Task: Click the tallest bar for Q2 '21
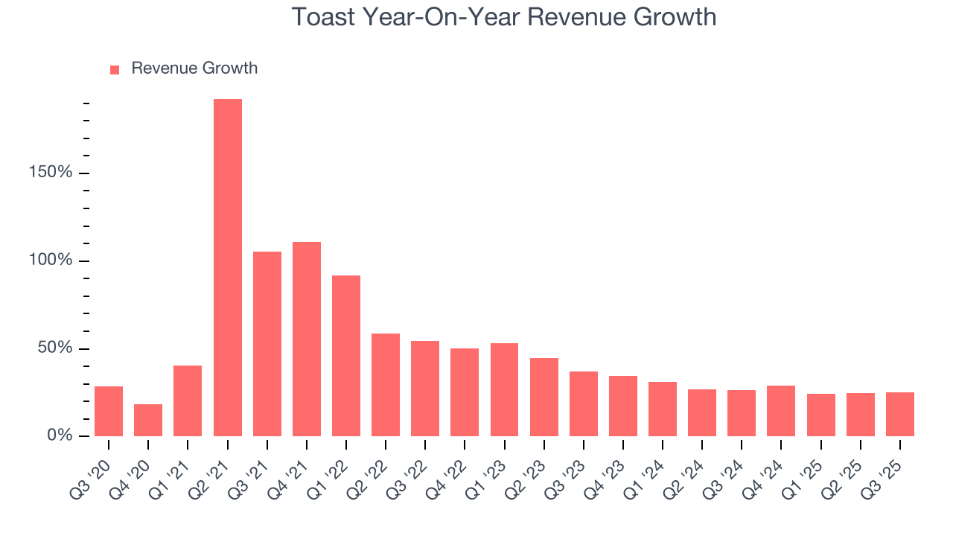click(227, 268)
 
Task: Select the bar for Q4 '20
click(148, 421)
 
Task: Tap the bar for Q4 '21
click(307, 339)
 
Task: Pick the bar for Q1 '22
click(346, 356)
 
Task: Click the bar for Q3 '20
click(109, 412)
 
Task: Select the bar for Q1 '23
click(504, 390)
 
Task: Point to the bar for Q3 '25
click(899, 415)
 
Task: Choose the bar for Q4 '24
click(781, 411)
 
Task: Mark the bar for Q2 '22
click(386, 385)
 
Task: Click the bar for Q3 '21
click(267, 344)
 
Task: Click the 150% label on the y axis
click(51, 173)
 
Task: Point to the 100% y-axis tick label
click(51, 261)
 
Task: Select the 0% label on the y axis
click(59, 435)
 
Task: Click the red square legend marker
click(115, 70)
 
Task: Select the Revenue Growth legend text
click(194, 68)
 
